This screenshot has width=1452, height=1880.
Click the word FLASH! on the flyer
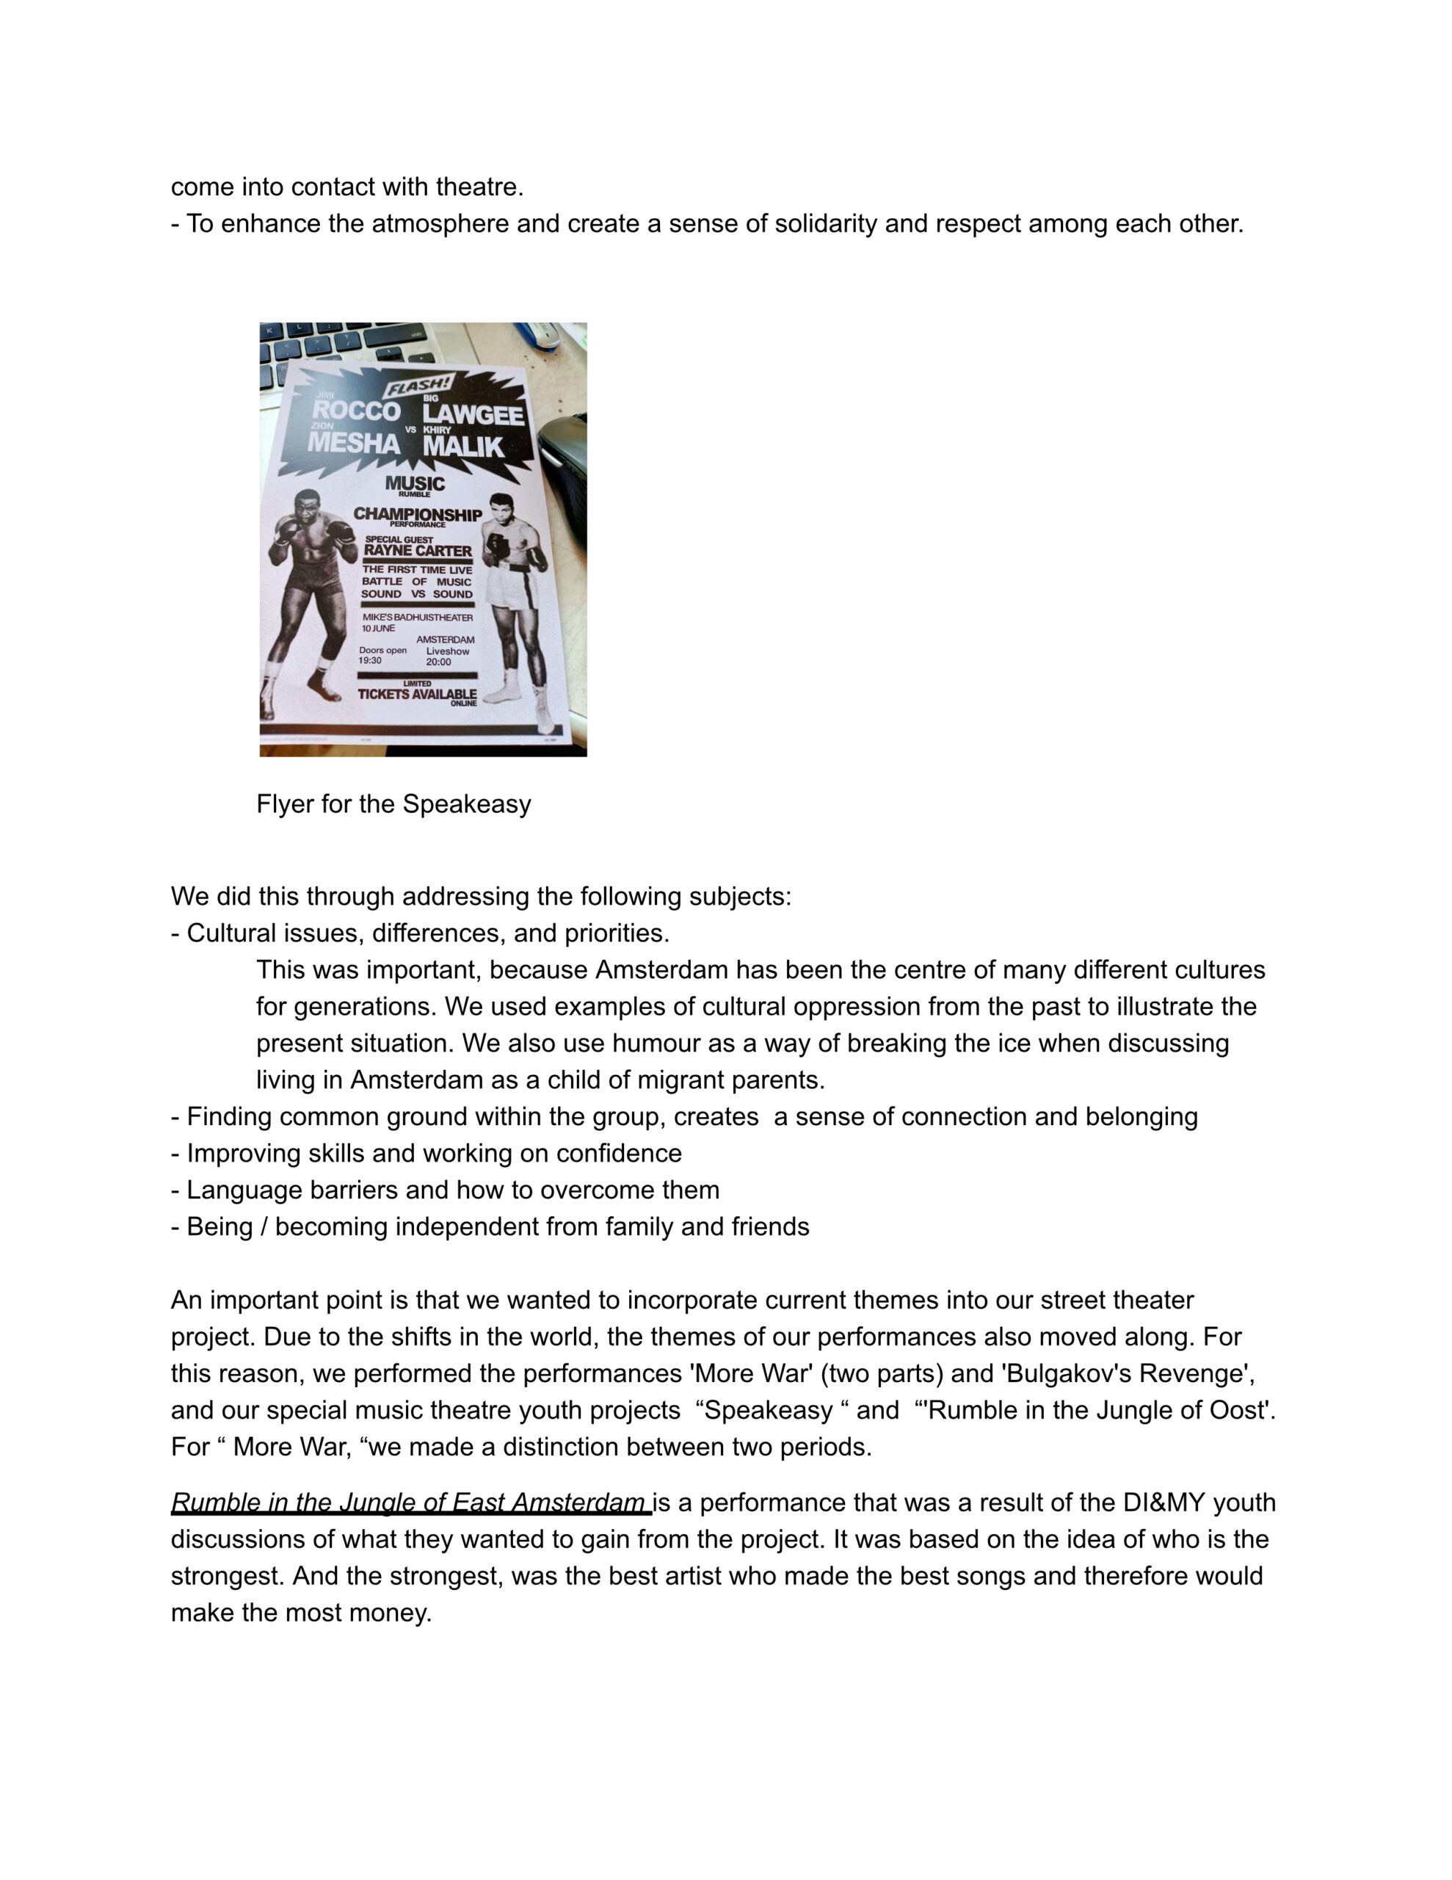pos(418,386)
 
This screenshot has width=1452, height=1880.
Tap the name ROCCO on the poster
pos(356,411)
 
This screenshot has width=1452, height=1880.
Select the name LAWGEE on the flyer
pos(473,415)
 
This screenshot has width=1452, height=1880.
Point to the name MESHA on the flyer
pos(354,444)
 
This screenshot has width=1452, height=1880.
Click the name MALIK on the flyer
pos(462,446)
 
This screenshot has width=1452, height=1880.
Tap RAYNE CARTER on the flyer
pos(418,551)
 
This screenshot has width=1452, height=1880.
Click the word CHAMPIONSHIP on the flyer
pos(418,514)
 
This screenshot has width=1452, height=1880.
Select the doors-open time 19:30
pos(370,660)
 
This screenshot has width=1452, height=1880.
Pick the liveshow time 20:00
pos(438,662)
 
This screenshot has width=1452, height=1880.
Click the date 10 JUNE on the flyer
pos(378,629)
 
